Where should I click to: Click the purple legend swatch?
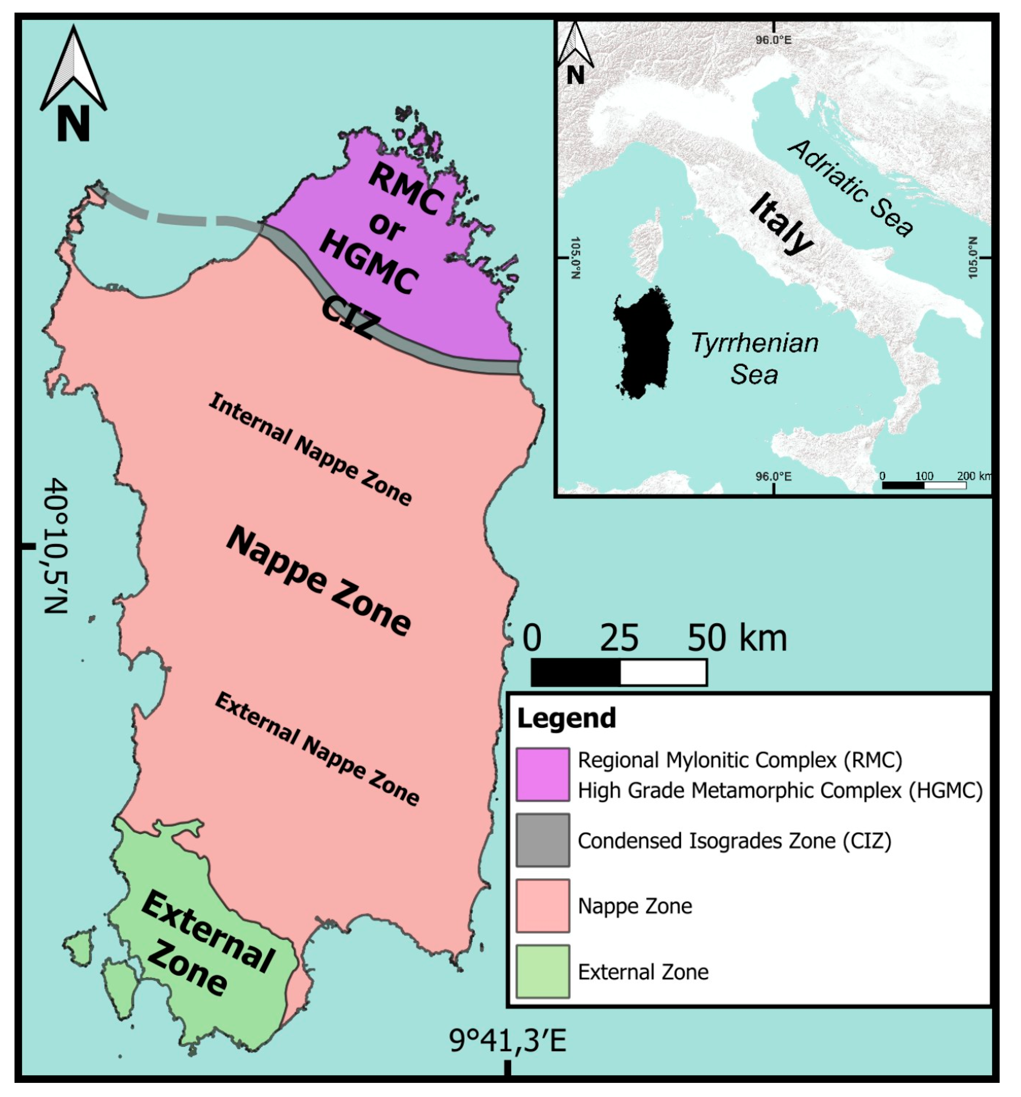pyautogui.click(x=542, y=774)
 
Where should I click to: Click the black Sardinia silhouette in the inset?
pyautogui.click(x=643, y=342)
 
